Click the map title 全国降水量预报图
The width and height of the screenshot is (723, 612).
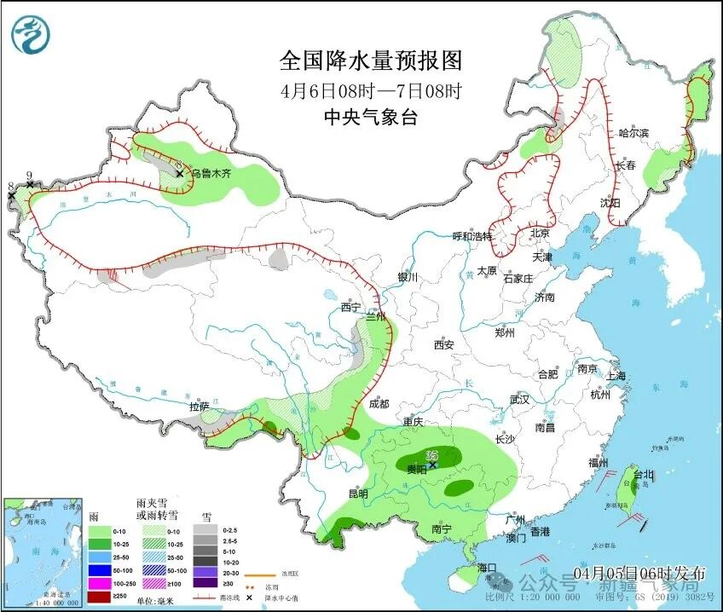371,61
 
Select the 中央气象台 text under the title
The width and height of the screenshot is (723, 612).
371,118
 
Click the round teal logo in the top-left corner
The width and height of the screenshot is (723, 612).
31,35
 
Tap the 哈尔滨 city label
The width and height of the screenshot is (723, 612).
633,133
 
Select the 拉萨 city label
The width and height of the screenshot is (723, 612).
199,407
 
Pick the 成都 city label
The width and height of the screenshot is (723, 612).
379,404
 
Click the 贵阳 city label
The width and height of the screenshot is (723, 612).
417,470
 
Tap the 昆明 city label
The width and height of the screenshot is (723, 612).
357,494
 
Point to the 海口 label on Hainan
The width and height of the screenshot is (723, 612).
487,567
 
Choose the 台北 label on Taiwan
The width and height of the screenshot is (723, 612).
643,474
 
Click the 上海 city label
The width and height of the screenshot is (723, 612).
616,376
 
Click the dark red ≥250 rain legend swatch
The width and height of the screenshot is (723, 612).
101,596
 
